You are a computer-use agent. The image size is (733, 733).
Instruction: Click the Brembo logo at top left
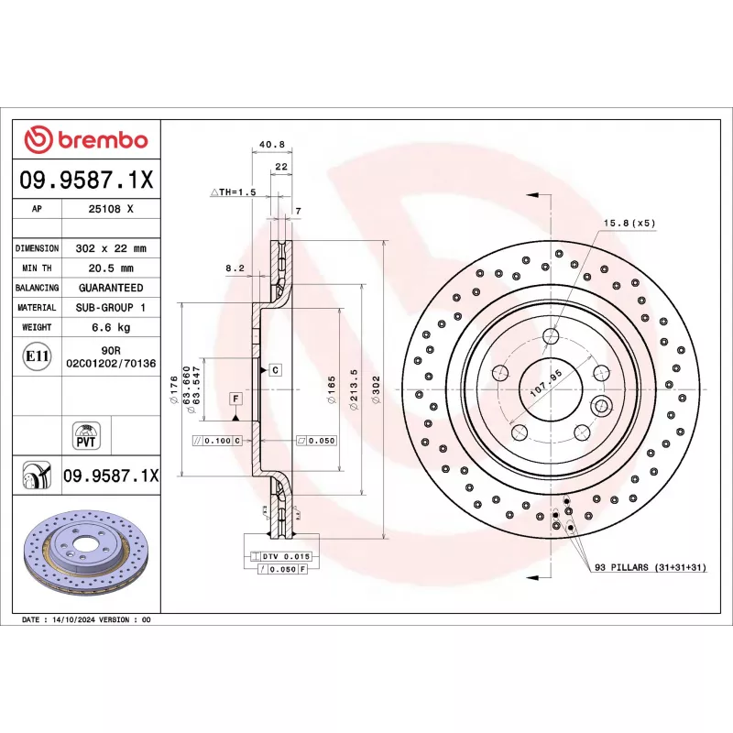86,140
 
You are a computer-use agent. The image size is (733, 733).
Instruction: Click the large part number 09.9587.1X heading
87,181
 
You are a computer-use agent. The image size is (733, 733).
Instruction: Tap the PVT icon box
87,434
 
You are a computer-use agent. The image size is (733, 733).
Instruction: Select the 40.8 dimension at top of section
272,145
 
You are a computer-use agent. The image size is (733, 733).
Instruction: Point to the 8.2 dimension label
235,268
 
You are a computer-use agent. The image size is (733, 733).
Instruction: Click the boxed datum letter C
275,369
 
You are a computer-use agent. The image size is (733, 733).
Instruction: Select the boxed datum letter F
235,399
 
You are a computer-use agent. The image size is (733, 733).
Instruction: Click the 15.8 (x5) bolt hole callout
629,223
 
